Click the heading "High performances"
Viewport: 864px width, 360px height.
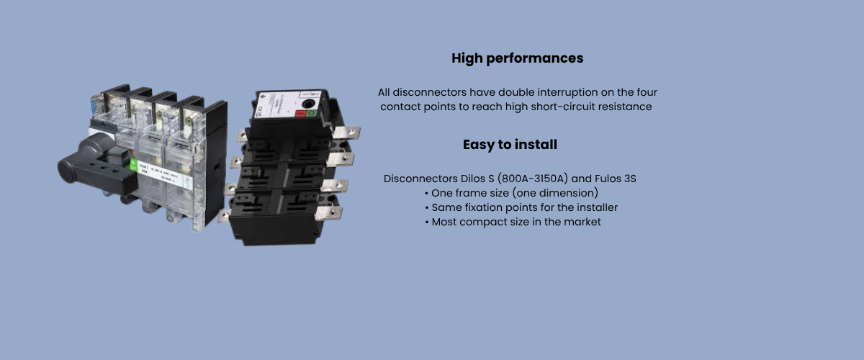[x=517, y=58]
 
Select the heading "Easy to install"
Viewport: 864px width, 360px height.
[x=510, y=145]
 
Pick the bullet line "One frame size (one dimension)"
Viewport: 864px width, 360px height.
[x=514, y=193]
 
